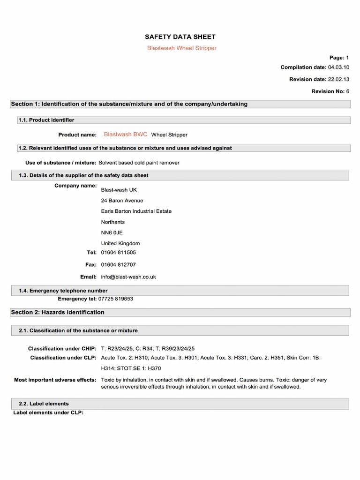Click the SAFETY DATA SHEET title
[180, 37]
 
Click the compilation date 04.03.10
[335, 67]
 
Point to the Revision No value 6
[347, 91]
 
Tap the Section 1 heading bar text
[129, 104]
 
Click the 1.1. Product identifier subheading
[46, 120]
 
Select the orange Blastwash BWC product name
[125, 134]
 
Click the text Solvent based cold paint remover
[139, 163]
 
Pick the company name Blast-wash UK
[119, 190]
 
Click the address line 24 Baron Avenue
[122, 201]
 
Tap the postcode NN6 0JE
[112, 232]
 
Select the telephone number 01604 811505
[119, 253]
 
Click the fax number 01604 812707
[119, 265]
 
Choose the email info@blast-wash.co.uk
[128, 277]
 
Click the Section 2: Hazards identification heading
[58, 312]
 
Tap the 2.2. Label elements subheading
[44, 404]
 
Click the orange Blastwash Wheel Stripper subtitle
[182, 48]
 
